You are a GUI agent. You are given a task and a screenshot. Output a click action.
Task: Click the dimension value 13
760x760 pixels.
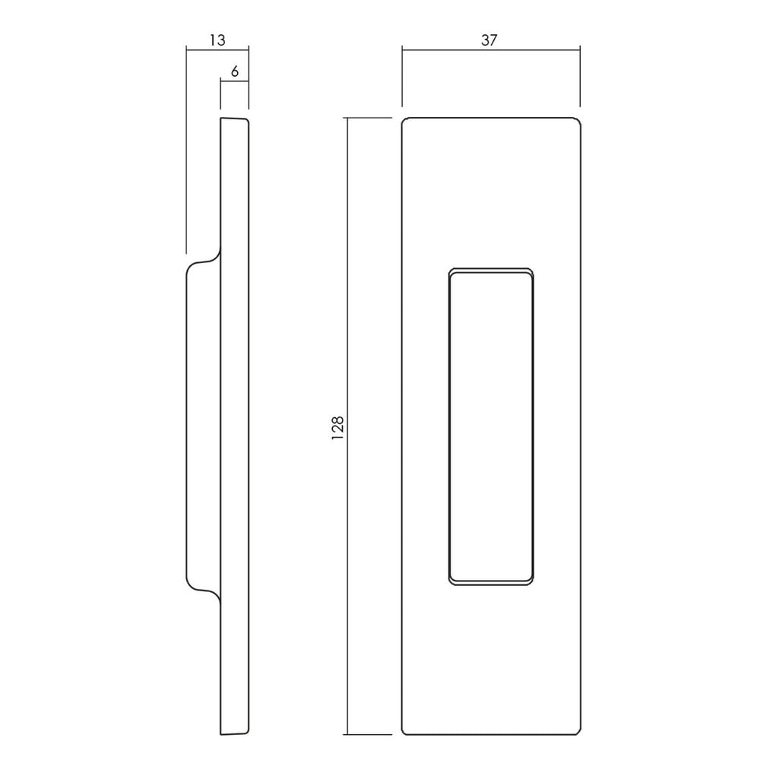pos(217,40)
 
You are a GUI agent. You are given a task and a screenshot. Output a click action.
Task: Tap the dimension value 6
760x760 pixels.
pos(235,71)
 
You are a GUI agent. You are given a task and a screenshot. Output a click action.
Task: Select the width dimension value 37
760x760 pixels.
pos(489,40)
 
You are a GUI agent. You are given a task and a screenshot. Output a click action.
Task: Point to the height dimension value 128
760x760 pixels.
pos(337,427)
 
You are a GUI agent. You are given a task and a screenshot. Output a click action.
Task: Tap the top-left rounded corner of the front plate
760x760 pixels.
pos(405,120)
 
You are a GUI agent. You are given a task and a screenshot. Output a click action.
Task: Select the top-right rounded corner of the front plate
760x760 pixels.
pos(578,120)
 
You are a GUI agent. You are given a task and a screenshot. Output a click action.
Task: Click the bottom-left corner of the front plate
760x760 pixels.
pos(405,731)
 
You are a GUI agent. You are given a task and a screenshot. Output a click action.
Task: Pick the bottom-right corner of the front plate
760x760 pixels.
pos(578,731)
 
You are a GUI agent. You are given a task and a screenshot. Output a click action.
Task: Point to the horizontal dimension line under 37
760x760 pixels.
pos(491,49)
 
